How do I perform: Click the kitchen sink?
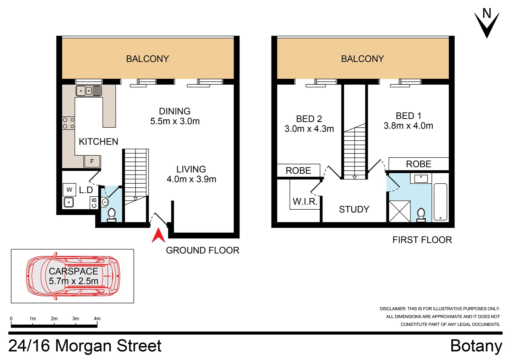coord(89,91)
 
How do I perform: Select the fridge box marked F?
coord(92,161)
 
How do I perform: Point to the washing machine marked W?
coord(69,190)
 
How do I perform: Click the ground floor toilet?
coord(111,214)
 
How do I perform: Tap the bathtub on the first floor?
coord(440,202)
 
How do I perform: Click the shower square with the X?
coord(399,211)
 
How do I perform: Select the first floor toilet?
coord(421,214)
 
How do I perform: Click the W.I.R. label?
coord(305,201)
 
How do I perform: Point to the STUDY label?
coord(354,209)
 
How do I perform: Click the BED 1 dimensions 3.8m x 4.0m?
coord(408,126)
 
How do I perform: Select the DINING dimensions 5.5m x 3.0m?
coord(175,121)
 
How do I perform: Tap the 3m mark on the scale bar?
coord(76,319)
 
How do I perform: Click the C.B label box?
coord(94,203)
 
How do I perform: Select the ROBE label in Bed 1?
coord(418,164)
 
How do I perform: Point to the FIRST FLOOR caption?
coord(422,240)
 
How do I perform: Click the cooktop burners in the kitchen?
coord(68,123)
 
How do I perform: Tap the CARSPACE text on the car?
coord(73,271)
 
